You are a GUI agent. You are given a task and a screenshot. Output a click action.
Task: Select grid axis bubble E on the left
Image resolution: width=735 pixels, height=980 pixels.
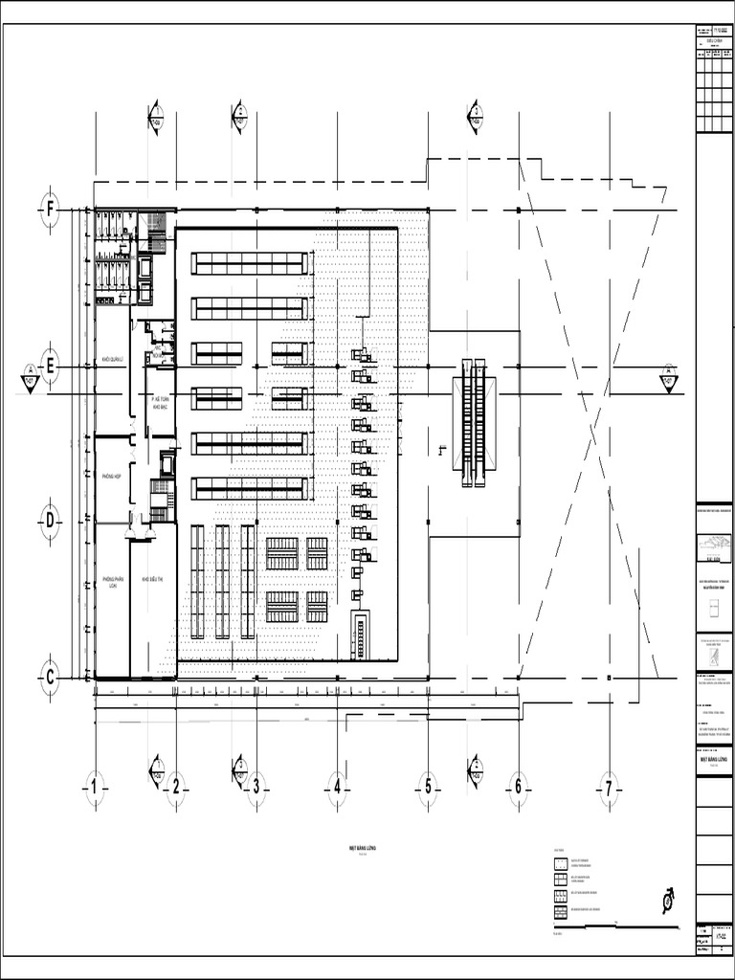50,365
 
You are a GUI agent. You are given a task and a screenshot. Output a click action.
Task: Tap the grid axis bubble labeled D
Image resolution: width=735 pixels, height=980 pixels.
50,520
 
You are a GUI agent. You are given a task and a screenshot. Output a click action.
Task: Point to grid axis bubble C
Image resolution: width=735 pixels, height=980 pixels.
50,677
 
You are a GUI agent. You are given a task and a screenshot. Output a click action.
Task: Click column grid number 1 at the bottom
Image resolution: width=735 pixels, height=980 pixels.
95,789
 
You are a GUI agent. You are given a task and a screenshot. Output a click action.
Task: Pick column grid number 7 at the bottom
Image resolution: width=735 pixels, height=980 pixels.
608,789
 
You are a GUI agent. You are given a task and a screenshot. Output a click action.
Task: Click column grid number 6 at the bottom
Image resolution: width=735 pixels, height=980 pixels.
518,789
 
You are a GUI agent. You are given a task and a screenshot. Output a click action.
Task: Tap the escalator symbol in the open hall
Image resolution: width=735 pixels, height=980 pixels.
474,422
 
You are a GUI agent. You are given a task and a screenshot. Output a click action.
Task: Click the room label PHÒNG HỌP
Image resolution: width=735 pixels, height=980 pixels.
112,476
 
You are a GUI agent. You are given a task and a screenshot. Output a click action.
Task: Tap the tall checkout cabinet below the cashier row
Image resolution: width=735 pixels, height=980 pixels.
361,635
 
